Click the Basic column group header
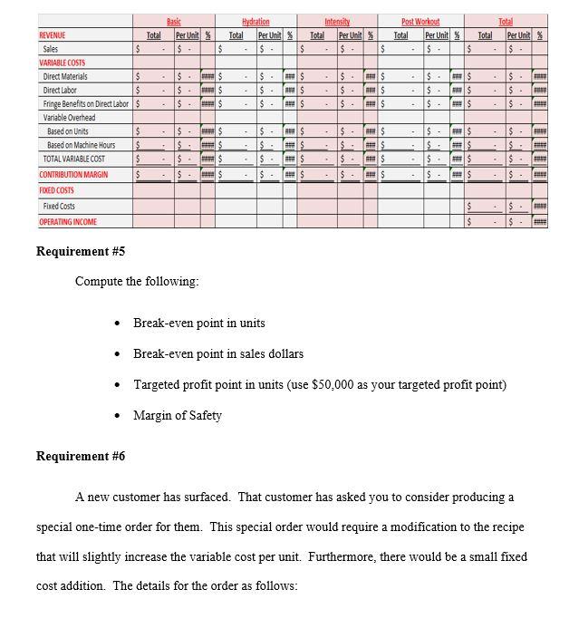[x=174, y=20]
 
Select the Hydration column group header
[x=256, y=20]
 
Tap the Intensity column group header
[x=338, y=20]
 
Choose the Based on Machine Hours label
[x=82, y=145]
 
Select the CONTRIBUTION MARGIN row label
[x=73, y=174]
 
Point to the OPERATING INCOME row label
[x=68, y=222]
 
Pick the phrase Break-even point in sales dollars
[x=218, y=354]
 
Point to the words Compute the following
[x=137, y=281]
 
